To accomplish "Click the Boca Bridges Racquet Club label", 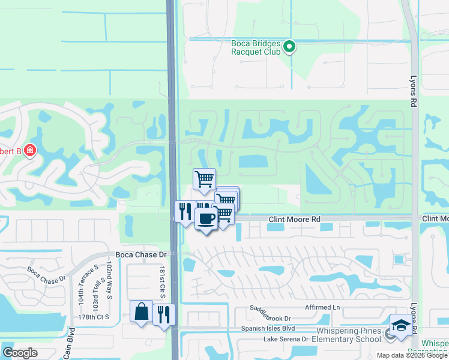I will point(256,47).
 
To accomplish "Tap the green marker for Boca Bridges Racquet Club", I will point(289,46).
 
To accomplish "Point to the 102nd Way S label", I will point(110,280).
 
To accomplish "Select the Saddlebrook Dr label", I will point(270,318).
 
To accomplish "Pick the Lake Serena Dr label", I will point(286,339).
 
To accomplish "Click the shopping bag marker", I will point(141,311).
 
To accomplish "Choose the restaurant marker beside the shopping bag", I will point(164,314).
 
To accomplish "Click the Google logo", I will point(20,353).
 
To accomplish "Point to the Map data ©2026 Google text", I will point(412,355).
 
